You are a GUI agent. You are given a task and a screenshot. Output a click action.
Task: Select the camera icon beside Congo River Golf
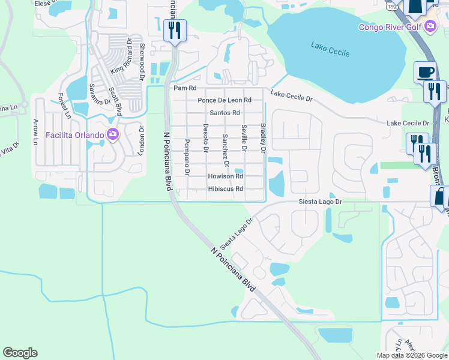pyautogui.click(x=430, y=26)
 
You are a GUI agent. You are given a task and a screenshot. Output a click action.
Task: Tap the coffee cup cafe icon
pyautogui.click(x=425, y=72)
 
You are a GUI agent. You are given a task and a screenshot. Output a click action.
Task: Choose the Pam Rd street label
pyautogui.click(x=181, y=88)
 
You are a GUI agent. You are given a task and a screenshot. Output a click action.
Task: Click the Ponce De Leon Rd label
pyautogui.click(x=224, y=100)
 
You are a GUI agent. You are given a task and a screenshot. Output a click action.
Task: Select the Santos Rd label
pyautogui.click(x=224, y=113)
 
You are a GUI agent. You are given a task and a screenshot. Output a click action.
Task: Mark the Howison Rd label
pyautogui.click(x=225, y=176)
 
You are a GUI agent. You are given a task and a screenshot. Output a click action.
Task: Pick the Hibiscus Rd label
pyautogui.click(x=225, y=189)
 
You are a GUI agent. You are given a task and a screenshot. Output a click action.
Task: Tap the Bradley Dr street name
pyautogui.click(x=263, y=138)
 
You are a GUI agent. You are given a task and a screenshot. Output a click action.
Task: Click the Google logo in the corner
pyautogui.click(x=20, y=353)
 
